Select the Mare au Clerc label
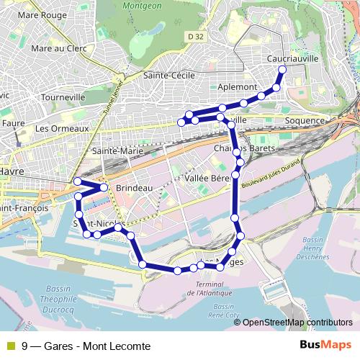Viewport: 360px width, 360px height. click(x=59, y=48)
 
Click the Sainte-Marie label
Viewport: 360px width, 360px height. click(x=118, y=151)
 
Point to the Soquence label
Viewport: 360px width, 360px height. click(x=305, y=120)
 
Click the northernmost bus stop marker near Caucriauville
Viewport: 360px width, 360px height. click(x=282, y=69)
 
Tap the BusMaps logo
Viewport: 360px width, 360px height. click(x=325, y=346)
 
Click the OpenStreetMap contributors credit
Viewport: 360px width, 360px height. click(x=297, y=323)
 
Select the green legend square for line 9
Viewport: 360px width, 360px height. click(x=11, y=346)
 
